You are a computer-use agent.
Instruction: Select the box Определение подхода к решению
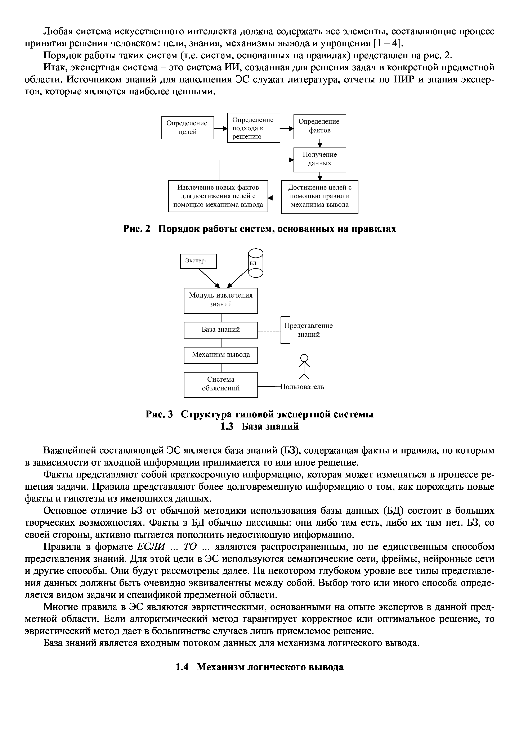(254, 128)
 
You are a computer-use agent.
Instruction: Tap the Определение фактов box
(319, 127)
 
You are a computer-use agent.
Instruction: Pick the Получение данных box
(319, 159)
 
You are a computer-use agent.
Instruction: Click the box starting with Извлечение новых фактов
(218, 196)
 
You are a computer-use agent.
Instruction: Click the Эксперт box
(198, 261)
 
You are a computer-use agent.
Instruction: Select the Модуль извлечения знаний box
(221, 300)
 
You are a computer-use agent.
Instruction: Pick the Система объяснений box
(221, 384)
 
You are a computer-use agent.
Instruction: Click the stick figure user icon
(304, 366)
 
